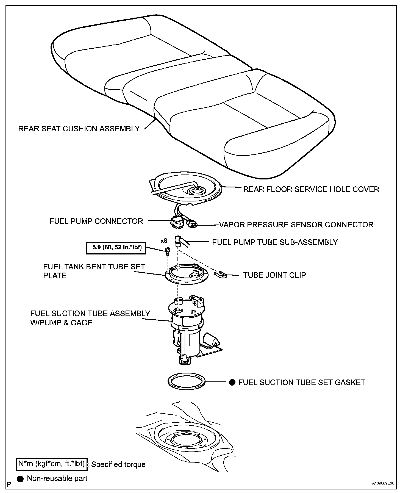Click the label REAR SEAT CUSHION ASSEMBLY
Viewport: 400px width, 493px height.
(x=79, y=129)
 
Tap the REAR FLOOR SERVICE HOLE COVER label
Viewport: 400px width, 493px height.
(x=311, y=189)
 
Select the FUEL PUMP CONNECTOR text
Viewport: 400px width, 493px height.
(x=96, y=221)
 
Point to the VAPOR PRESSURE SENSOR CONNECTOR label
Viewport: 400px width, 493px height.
(x=296, y=225)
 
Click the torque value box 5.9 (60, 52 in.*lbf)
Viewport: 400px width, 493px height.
(x=116, y=247)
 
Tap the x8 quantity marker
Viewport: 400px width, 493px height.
(x=164, y=241)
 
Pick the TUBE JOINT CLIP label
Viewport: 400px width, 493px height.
(x=274, y=275)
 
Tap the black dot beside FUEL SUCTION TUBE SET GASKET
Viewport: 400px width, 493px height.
(x=232, y=383)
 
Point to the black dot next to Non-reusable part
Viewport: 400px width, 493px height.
(x=20, y=479)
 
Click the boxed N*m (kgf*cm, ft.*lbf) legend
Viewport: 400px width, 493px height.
(x=51, y=464)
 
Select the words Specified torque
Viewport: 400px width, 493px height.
(x=118, y=464)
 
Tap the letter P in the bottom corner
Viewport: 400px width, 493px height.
(x=9, y=484)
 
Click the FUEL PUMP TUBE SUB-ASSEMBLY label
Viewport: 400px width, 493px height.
(x=275, y=242)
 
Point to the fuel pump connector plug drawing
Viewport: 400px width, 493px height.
(x=176, y=222)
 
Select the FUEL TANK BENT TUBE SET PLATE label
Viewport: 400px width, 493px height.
(x=94, y=271)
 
